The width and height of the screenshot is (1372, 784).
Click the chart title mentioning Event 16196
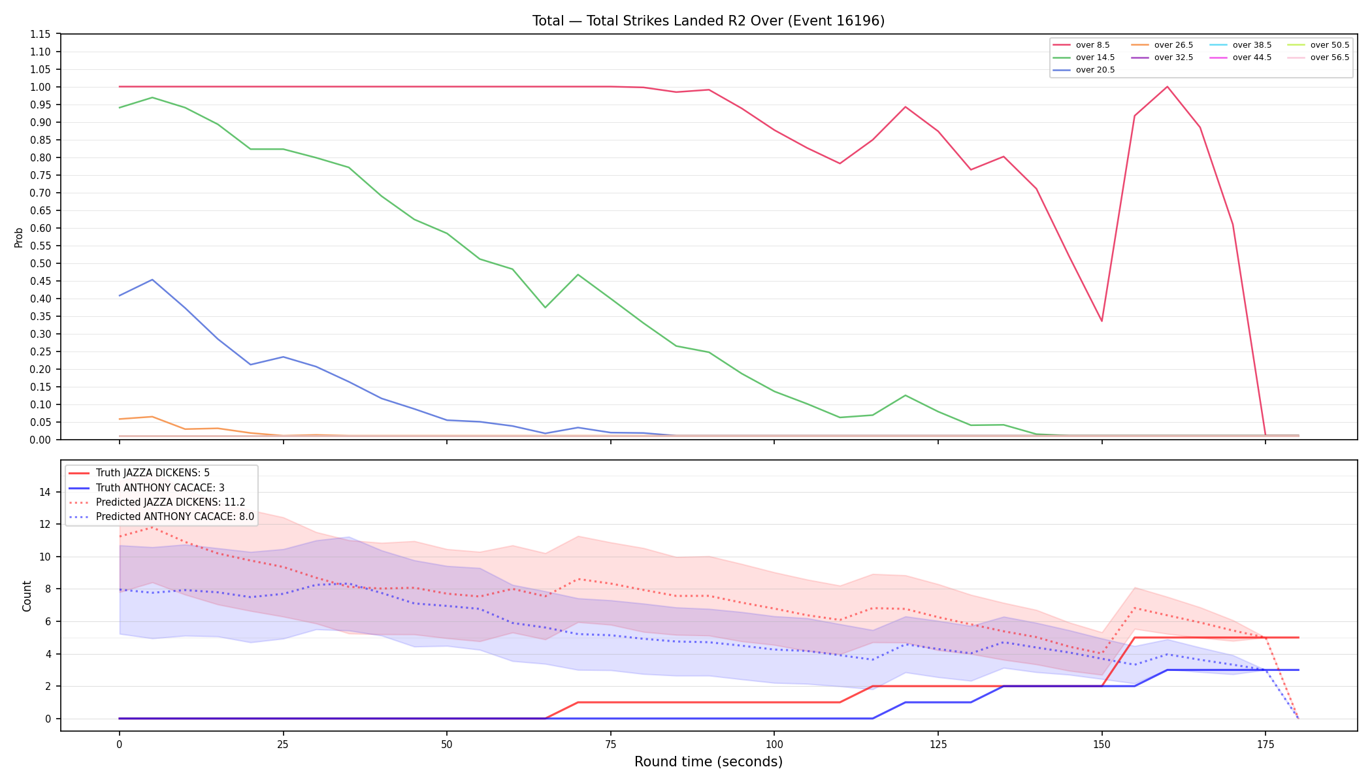tap(708, 21)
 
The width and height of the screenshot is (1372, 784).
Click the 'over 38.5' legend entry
tap(1241, 45)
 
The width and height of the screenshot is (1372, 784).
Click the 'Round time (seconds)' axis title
tap(708, 762)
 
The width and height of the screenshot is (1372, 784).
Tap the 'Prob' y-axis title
tap(19, 237)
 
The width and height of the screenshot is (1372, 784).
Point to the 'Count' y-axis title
tap(27, 596)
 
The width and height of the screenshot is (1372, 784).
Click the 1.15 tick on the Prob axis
tap(41, 34)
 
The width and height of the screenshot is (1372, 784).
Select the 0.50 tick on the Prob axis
tap(41, 263)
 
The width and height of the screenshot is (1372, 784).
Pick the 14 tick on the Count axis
tap(44, 492)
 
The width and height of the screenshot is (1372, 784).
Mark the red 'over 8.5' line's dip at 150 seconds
tap(1102, 321)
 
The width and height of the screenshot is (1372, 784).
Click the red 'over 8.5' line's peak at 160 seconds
tap(1167, 87)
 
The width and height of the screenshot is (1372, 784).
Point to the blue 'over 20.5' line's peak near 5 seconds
tap(152, 280)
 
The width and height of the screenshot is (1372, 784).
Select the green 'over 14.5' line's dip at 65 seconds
tap(545, 307)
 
